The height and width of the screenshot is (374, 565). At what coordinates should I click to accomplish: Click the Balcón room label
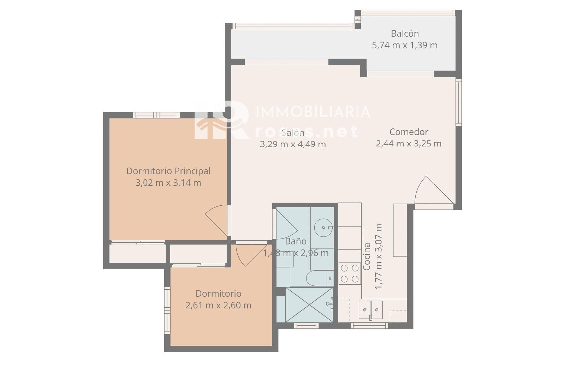pos(405,33)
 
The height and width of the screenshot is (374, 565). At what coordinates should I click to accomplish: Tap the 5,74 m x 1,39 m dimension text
pos(405,45)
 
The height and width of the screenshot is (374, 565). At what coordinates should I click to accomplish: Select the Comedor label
pos(409,132)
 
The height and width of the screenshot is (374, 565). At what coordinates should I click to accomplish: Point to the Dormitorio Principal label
pos(168,171)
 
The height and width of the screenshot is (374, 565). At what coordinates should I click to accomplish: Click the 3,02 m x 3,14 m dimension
pos(168,183)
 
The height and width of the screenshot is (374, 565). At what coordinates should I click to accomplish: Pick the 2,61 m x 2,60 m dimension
pos(218,305)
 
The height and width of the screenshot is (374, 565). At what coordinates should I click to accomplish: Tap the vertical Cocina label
pos(367,257)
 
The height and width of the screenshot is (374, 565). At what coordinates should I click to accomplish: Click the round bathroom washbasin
pos(324,228)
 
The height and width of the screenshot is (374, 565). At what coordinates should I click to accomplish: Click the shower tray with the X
pos(309,305)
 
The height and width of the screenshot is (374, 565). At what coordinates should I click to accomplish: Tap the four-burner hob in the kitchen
pos(350,273)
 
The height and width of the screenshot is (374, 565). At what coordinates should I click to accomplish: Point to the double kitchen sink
pos(370,310)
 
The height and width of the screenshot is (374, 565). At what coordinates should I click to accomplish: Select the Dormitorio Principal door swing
pos(216,220)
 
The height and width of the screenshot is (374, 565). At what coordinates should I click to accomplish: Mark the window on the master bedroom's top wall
pos(156,115)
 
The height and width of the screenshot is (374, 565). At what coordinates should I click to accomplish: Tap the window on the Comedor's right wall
pos(459,102)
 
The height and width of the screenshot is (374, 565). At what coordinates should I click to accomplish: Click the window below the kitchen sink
pos(369,326)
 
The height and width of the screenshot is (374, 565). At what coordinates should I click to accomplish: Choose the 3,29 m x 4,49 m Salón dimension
pos(293,144)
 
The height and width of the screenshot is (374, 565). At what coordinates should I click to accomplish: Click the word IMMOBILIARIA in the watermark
pos(313,112)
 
